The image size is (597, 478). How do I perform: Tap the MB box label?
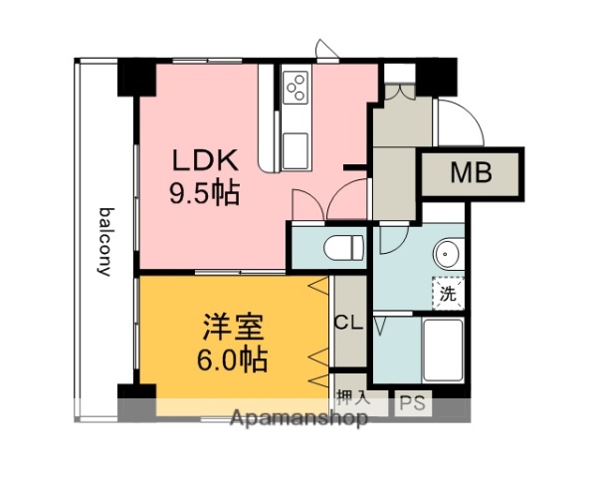click(x=470, y=174)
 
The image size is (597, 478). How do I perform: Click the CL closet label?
click(x=348, y=323)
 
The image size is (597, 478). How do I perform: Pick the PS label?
click(x=412, y=403)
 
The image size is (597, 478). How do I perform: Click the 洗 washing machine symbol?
click(x=449, y=294)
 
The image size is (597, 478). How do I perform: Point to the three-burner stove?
click(x=295, y=89)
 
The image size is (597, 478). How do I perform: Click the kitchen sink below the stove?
click(x=296, y=149)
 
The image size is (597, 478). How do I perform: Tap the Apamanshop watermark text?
click(x=298, y=419)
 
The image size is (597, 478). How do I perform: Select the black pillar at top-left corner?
click(x=136, y=77)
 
